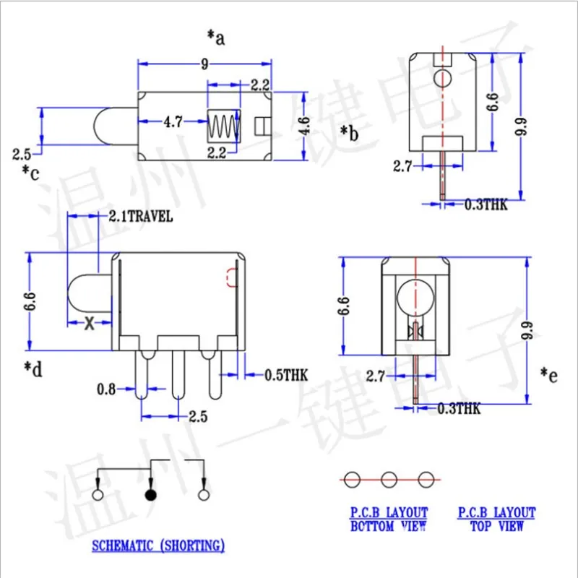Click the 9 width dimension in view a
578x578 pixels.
(204, 64)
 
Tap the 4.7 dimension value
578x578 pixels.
(173, 121)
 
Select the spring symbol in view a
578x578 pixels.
(223, 126)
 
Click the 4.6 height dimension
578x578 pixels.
(304, 126)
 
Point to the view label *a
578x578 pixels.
(216, 38)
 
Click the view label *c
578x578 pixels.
(30, 173)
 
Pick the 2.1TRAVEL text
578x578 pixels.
(141, 216)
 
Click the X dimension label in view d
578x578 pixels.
(89, 323)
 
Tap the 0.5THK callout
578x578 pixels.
(286, 375)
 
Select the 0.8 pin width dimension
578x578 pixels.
(106, 389)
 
